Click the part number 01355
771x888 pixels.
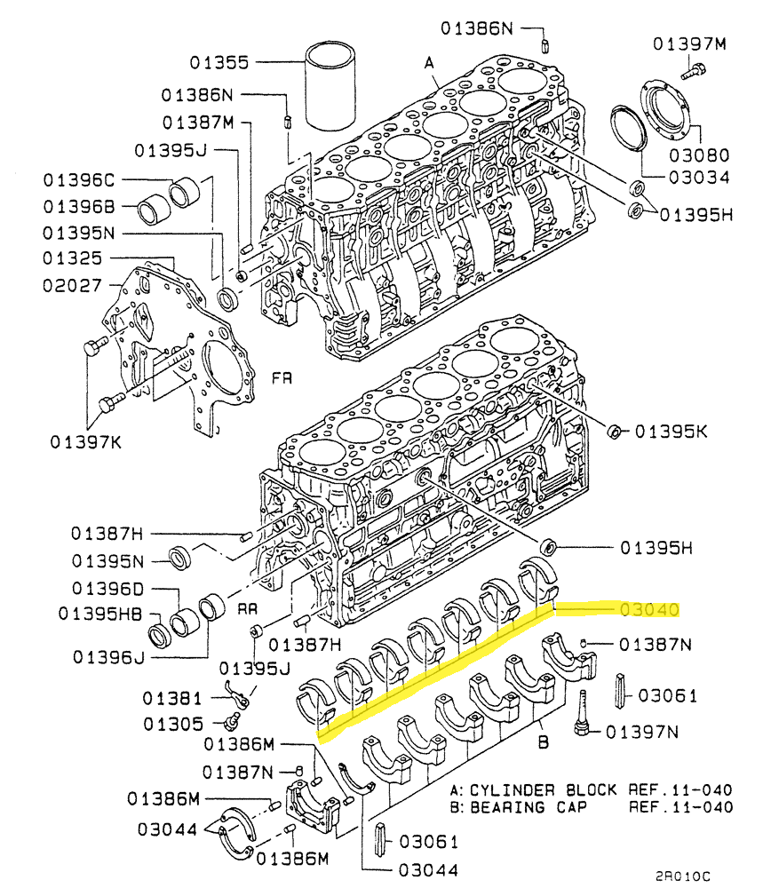219,62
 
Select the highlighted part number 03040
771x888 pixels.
649,610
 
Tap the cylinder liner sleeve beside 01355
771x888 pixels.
330,85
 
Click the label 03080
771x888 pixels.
699,155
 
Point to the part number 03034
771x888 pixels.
699,178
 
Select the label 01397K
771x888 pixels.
85,441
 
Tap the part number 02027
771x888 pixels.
72,285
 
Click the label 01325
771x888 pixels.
72,258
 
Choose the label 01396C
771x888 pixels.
79,180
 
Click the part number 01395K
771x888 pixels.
671,432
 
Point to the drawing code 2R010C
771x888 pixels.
682,876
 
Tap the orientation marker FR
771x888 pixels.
282,377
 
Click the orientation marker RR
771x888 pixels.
247,609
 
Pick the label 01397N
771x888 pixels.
642,733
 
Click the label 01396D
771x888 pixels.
107,589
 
